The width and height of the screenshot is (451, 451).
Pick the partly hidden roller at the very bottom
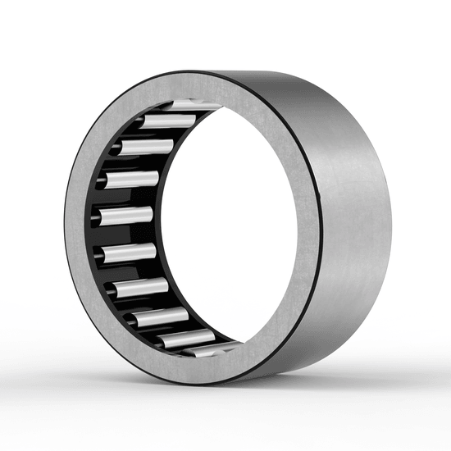tap(201, 350)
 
